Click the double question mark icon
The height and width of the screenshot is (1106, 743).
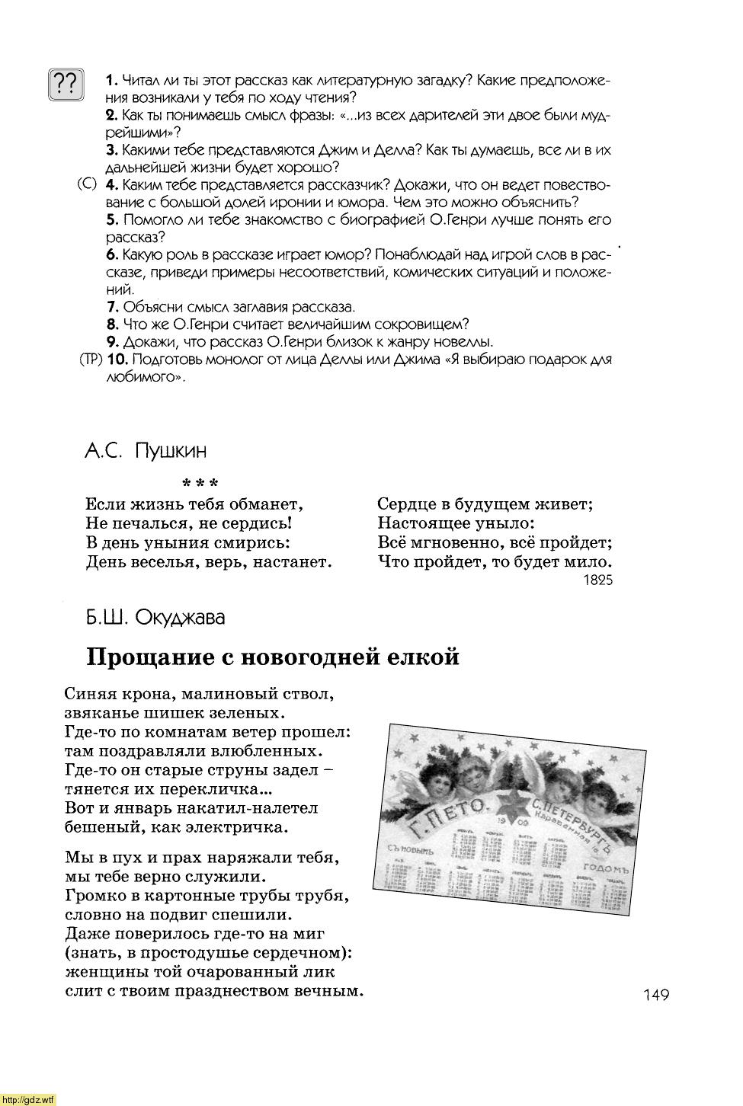point(66,85)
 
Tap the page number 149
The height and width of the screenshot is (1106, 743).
point(655,994)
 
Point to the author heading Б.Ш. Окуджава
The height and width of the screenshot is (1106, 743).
point(155,617)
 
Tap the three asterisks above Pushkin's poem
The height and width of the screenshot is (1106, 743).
point(200,484)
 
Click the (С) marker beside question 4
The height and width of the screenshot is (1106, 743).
point(87,185)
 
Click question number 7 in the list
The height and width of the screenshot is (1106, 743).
point(112,307)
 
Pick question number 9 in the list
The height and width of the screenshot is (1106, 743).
point(112,342)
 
